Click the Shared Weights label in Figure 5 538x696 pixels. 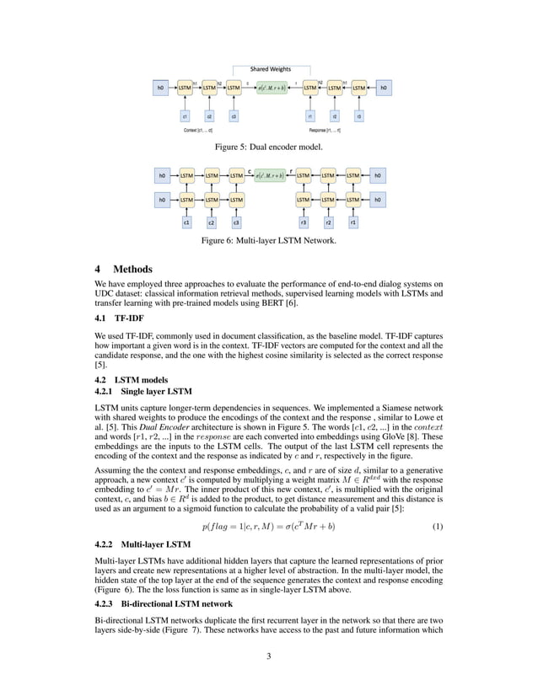pyautogui.click(x=269, y=68)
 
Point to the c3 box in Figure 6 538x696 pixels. pyautogui.click(x=237, y=223)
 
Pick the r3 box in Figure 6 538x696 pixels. pyautogui.click(x=304, y=223)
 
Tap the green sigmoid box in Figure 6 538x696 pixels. pyautogui.click(x=270, y=176)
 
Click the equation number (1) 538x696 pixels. pyautogui.click(x=438, y=527)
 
